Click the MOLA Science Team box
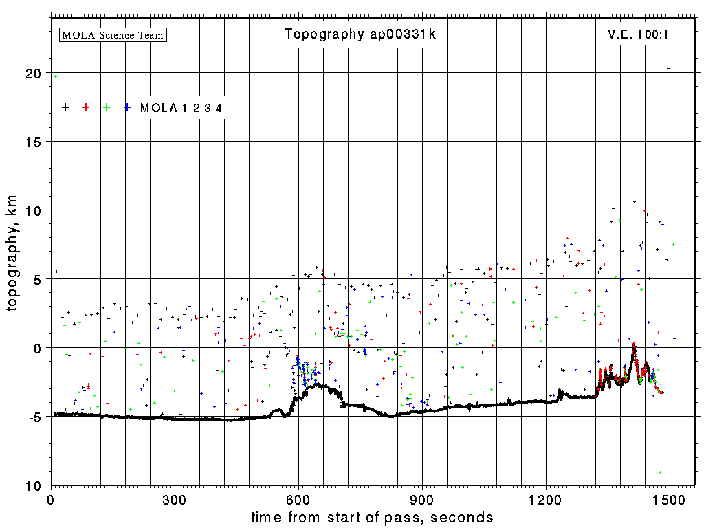[x=113, y=34]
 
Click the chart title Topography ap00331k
[x=360, y=34]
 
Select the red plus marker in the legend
[x=86, y=107]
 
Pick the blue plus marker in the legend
[x=127, y=107]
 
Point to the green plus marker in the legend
[x=107, y=107]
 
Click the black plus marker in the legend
[x=65, y=107]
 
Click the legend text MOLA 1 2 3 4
[x=181, y=108]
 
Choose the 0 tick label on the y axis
[x=38, y=348]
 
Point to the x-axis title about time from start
[x=372, y=517]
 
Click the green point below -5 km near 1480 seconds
[x=660, y=472]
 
